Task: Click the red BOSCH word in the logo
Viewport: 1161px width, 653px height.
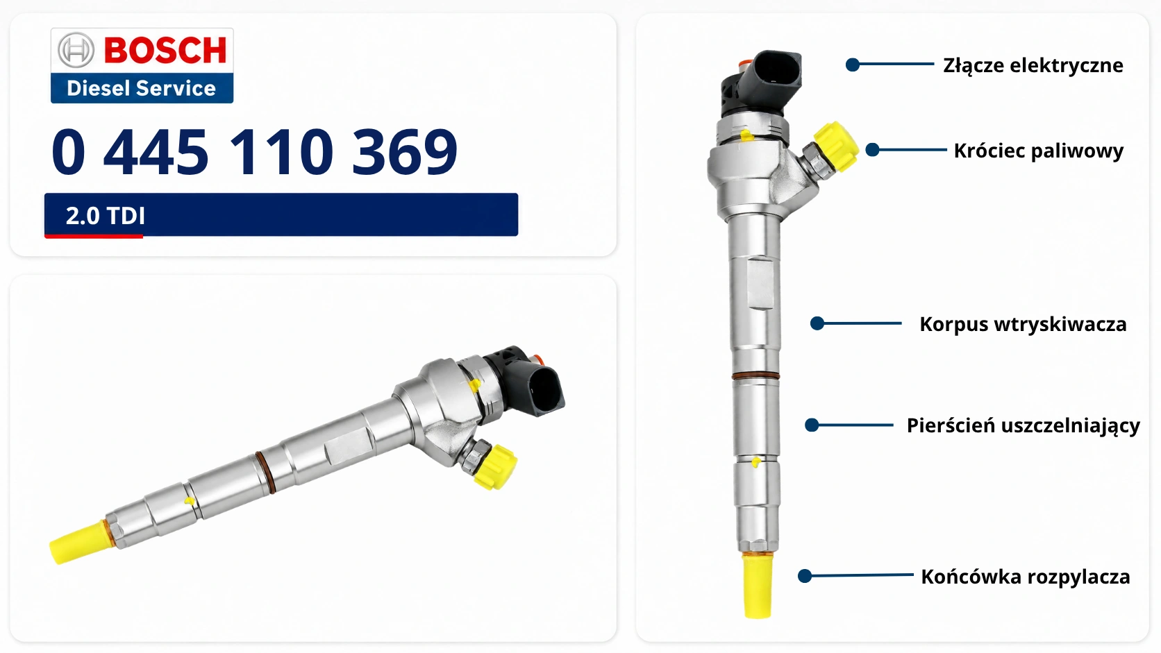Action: coord(165,50)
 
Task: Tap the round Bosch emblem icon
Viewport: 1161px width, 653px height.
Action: coord(76,50)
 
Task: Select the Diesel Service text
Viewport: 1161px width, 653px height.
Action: coord(141,88)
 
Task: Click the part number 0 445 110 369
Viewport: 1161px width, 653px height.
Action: coord(254,151)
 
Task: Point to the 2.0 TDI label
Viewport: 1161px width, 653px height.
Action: coord(106,215)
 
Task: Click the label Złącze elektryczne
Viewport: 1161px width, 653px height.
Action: coord(1033,66)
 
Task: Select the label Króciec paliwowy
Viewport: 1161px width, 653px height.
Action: coord(1039,151)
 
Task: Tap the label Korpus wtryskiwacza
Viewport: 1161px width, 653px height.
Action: coord(1023,324)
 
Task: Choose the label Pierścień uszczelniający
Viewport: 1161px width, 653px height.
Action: coord(1023,425)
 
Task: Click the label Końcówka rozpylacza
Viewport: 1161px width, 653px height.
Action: coord(1025,577)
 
